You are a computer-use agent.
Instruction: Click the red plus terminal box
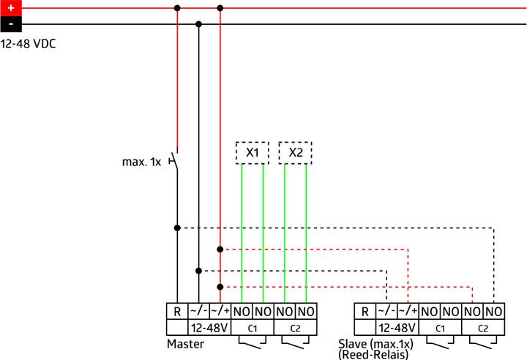[11, 8]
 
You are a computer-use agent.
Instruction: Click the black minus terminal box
[11, 24]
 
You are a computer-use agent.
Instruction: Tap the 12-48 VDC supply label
[28, 44]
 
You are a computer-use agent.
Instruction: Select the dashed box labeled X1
[253, 153]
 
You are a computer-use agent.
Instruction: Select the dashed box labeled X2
[296, 153]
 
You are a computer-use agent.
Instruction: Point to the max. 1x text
[141, 162]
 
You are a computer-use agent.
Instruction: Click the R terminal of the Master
[177, 312]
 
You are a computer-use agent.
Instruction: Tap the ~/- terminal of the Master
[198, 312]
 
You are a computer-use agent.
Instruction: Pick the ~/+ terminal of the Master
[220, 312]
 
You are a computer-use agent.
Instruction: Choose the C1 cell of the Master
[253, 328]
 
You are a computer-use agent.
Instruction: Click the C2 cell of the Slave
[483, 328]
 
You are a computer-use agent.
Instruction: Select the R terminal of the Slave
[365, 312]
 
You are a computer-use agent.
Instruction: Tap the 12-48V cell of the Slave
[397, 328]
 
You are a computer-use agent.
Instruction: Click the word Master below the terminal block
[185, 344]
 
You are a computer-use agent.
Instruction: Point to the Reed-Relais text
[373, 355]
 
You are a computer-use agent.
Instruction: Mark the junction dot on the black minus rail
[198, 24]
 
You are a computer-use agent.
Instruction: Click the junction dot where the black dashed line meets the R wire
[177, 228]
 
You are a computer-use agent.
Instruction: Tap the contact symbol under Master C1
[252, 342]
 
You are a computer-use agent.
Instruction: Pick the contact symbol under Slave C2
[483, 342]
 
